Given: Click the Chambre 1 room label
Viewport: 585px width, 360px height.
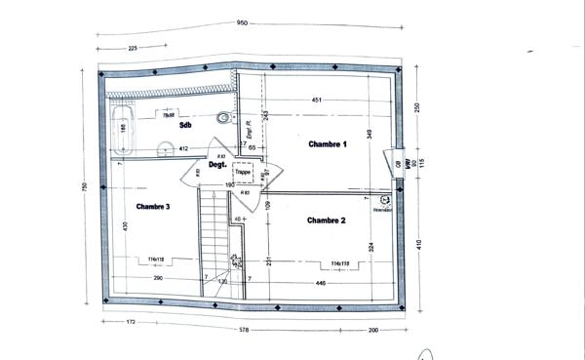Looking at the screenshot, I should (327, 143).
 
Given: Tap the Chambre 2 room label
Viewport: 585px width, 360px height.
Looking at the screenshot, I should (327, 220).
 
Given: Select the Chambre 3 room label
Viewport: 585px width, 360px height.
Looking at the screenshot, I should (153, 206).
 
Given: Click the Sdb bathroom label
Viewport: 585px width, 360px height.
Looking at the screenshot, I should (183, 126).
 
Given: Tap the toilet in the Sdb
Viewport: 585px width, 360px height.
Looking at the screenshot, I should (225, 118).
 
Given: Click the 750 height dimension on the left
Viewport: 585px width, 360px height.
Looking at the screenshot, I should (85, 187).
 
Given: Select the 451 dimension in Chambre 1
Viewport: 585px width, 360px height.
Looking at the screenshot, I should (316, 100).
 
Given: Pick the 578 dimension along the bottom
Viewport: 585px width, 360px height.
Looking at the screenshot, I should (243, 330).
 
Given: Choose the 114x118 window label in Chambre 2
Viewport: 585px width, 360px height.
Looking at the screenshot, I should (339, 263).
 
